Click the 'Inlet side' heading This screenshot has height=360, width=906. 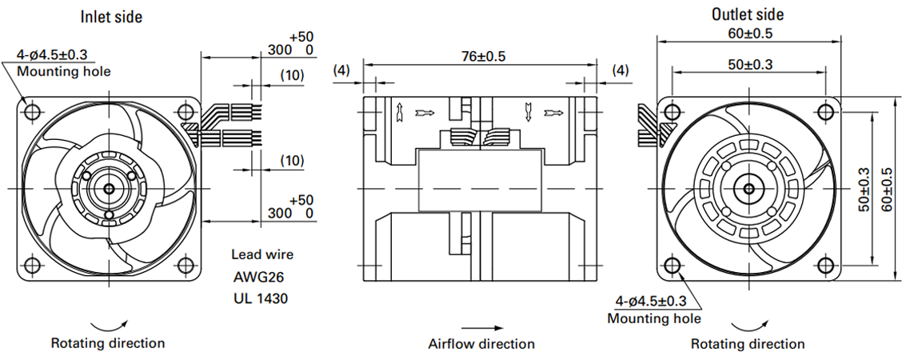click(111, 18)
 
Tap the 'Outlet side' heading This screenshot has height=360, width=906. click(748, 14)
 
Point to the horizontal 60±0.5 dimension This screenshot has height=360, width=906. click(749, 33)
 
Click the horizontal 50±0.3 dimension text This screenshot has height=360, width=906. click(749, 65)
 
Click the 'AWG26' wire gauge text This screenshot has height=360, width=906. click(258, 277)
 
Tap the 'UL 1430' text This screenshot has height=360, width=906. click(260, 298)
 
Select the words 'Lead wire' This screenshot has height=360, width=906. click(262, 254)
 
